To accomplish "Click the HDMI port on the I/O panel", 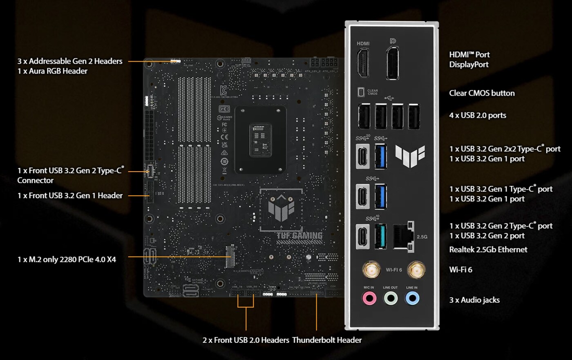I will tap(363, 63).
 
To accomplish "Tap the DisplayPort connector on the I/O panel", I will tap(393, 64).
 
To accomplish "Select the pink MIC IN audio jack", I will tap(369, 299).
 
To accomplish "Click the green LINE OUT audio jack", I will tap(391, 299).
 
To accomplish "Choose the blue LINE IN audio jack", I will tap(412, 299).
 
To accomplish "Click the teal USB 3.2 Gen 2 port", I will tap(380, 236).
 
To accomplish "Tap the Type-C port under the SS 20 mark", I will tap(363, 156).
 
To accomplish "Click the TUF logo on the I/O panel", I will tap(410, 156).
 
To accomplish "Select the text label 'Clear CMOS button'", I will tap(482, 93).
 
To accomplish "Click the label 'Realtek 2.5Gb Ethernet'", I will tap(488, 250).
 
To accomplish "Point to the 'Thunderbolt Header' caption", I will tap(327, 340).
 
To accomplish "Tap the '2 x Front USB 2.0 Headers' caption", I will tap(246, 340).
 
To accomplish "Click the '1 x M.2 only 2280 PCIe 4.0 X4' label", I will tap(67, 259).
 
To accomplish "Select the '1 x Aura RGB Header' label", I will tap(52, 71).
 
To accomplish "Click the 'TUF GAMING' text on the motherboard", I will tap(299, 235).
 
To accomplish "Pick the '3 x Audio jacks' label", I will tap(474, 300).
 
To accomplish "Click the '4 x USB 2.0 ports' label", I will tap(478, 116).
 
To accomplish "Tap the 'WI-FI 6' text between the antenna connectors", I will tap(394, 270).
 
